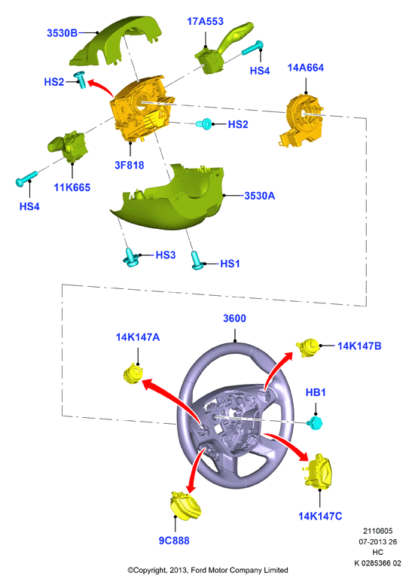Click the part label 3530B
(62, 33)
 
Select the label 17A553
(206, 22)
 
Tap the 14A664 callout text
(306, 68)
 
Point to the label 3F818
(129, 166)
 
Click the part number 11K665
(72, 187)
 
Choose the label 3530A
(260, 196)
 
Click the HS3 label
(165, 255)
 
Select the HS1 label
(230, 264)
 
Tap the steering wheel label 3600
(234, 318)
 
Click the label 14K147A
(138, 337)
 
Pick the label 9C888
(174, 541)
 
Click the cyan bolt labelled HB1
(315, 423)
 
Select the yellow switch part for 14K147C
(319, 471)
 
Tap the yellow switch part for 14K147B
(309, 347)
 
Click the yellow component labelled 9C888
(185, 505)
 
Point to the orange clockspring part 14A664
(302, 120)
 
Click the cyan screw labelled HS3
(130, 257)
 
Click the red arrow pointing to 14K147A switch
(169, 398)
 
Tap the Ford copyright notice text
(208, 570)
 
